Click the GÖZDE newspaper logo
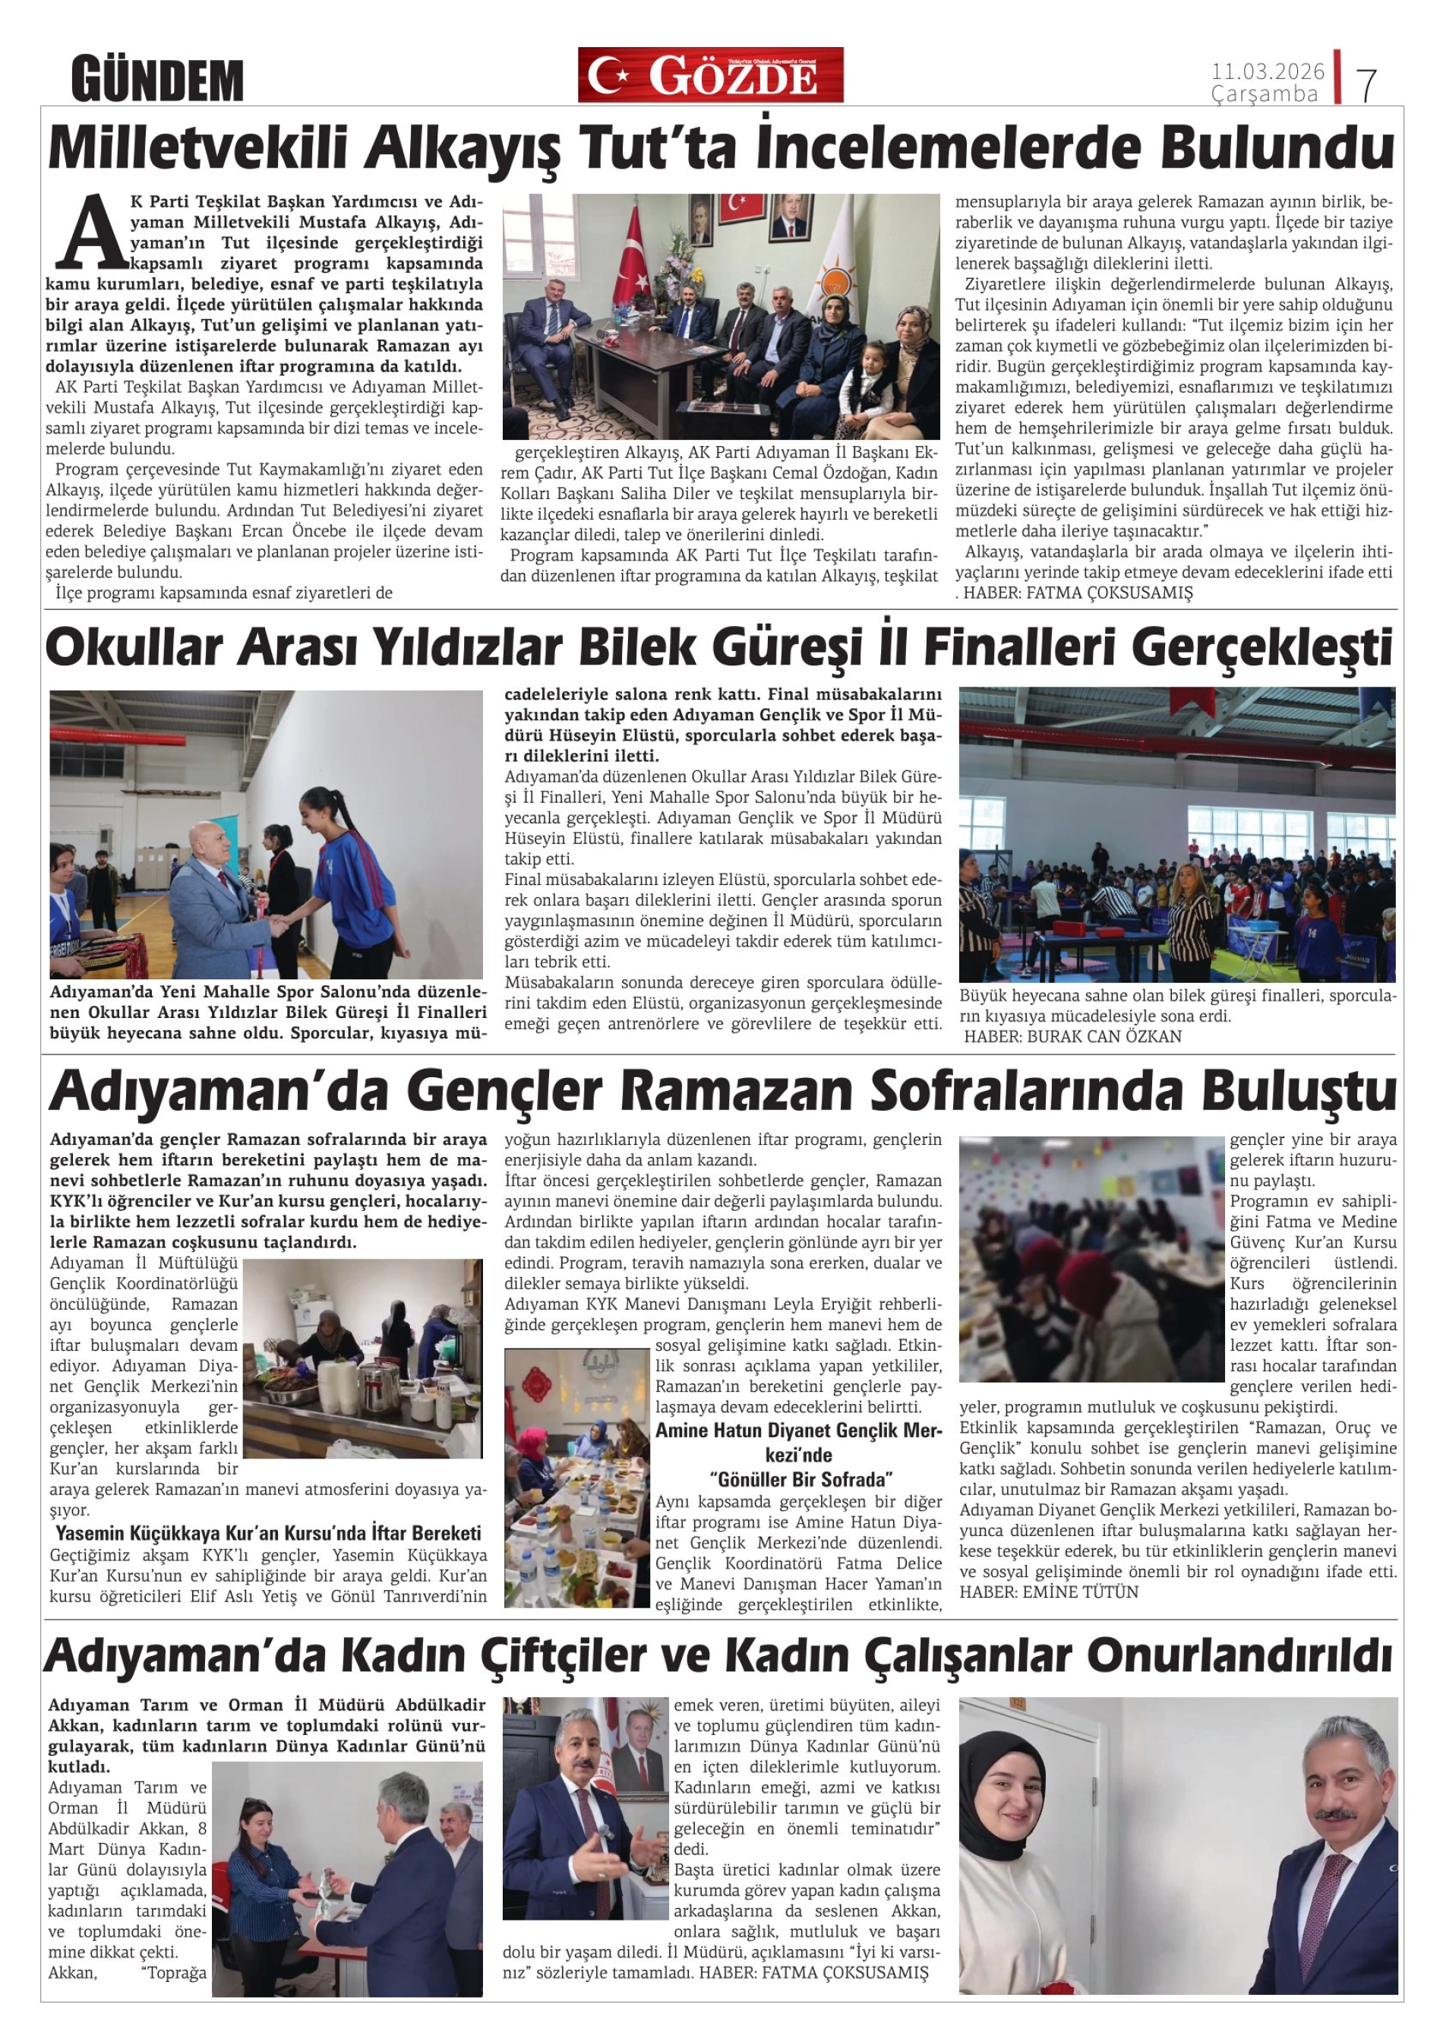(709, 76)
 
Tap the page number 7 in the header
(1366, 84)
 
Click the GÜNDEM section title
(157, 80)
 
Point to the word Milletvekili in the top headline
(197, 150)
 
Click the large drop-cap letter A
(90, 232)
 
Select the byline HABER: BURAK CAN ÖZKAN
(1072, 1036)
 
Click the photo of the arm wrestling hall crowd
(1177, 834)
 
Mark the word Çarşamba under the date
(1264, 94)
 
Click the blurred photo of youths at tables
(1091, 1259)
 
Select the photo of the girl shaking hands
(266, 834)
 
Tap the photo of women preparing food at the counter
(362, 1358)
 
